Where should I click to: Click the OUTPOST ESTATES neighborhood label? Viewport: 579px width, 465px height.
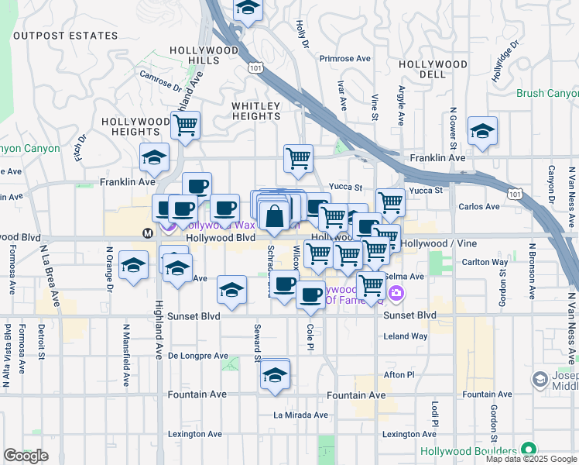tap(66, 36)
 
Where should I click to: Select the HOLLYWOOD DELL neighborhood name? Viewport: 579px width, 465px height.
tap(431, 69)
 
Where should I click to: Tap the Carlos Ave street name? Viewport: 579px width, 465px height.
tap(479, 207)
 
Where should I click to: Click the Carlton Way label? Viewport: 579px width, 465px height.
tap(485, 262)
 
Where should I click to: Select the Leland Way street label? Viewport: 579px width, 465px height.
tap(406, 336)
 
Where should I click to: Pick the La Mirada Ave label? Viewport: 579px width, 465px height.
tap(300, 415)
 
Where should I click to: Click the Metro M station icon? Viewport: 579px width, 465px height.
tap(147, 232)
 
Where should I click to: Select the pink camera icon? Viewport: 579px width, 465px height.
tap(396, 293)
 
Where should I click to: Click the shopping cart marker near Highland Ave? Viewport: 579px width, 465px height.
tap(186, 125)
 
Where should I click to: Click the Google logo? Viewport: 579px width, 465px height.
tap(26, 456)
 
